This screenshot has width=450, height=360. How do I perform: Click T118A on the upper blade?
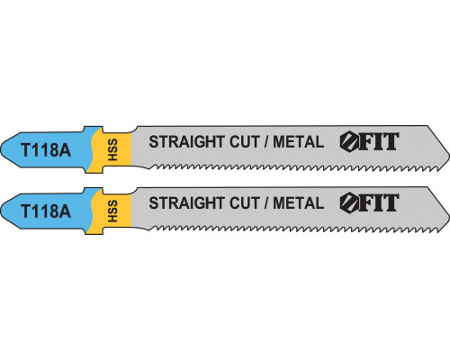pyautogui.click(x=46, y=149)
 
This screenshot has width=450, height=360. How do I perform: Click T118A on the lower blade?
pyautogui.click(x=46, y=211)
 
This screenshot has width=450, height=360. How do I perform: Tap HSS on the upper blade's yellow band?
pyautogui.click(x=112, y=149)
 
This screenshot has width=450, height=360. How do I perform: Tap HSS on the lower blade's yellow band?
pyautogui.click(x=112, y=211)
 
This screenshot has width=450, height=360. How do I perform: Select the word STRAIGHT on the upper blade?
pyautogui.click(x=187, y=142)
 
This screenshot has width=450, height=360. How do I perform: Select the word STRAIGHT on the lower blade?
pyautogui.click(x=187, y=203)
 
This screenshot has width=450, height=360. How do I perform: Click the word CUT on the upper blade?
pyautogui.click(x=244, y=142)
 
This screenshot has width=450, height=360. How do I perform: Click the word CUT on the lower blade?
pyautogui.click(x=244, y=203)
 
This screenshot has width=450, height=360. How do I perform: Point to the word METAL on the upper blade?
pyautogui.click(x=299, y=142)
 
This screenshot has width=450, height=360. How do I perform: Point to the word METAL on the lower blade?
pyautogui.click(x=299, y=203)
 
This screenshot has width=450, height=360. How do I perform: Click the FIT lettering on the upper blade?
pyautogui.click(x=379, y=141)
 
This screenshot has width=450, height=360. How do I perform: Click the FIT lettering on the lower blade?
pyautogui.click(x=379, y=203)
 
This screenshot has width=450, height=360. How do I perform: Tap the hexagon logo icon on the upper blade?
pyautogui.click(x=349, y=142)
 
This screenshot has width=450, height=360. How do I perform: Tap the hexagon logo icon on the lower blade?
pyautogui.click(x=349, y=203)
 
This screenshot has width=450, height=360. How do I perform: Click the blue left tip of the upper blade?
pyautogui.click(x=1, y=149)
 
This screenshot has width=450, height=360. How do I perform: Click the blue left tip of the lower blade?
pyautogui.click(x=1, y=211)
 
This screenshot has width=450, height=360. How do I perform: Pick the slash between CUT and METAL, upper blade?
pyautogui.click(x=265, y=142)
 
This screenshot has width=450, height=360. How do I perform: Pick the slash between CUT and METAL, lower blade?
pyautogui.click(x=265, y=203)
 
